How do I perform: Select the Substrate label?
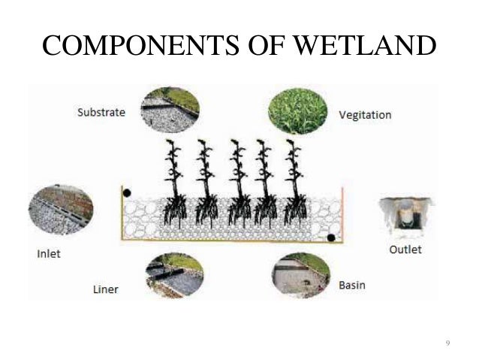tap(101, 113)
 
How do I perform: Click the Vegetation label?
tap(364, 116)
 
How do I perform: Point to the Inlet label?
tap(49, 253)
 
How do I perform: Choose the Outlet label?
tap(405, 249)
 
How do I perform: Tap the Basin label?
tap(352, 286)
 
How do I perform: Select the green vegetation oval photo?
tap(299, 110)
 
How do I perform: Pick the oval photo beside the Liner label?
tap(173, 274)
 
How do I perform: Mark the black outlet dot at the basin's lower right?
tap(331, 238)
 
